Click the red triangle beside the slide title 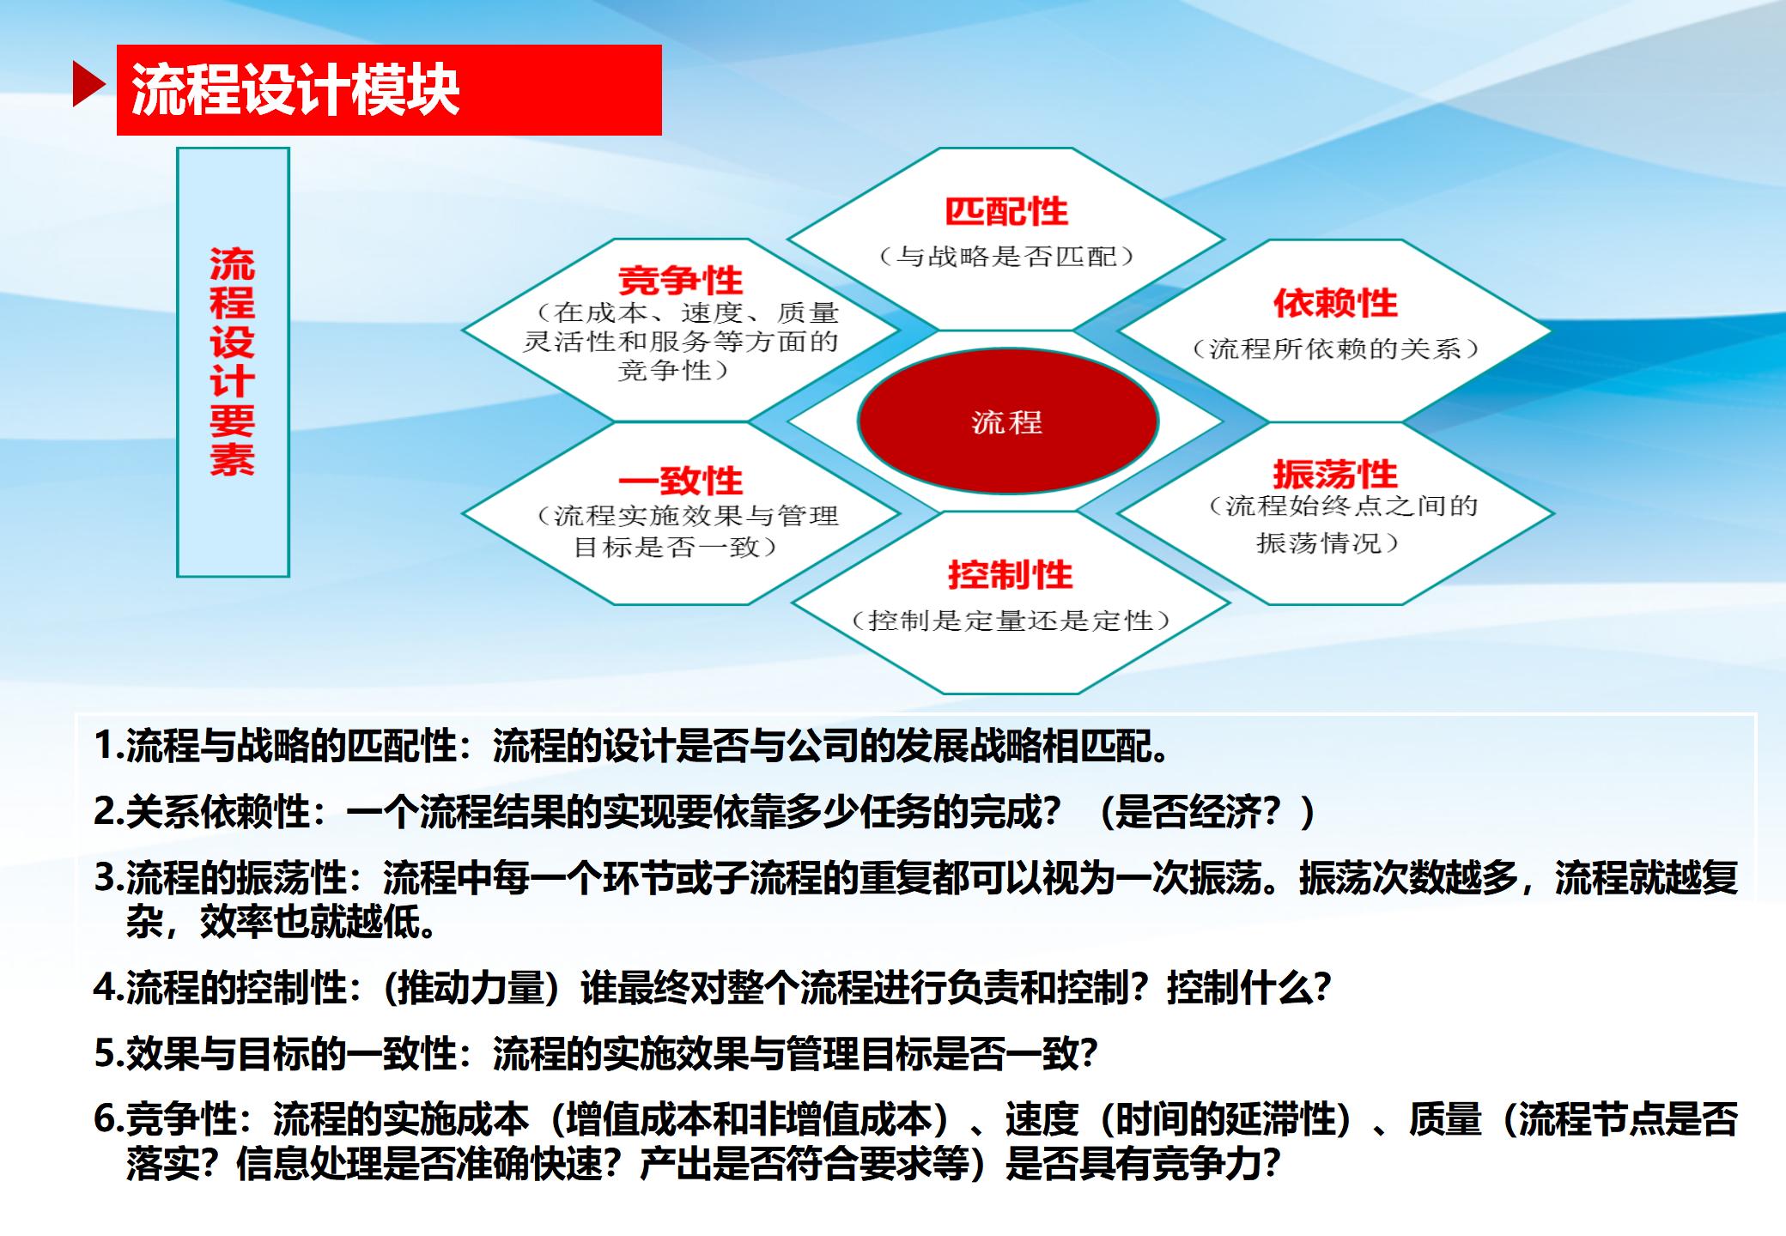(88, 84)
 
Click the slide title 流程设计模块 (295, 90)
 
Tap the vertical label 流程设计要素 (233, 361)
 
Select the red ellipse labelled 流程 (1007, 421)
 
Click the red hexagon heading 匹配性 (1006, 211)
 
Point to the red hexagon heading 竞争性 (680, 280)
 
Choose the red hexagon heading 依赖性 (1335, 302)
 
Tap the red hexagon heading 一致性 (680, 481)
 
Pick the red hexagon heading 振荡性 (1335, 474)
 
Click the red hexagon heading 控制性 (1010, 574)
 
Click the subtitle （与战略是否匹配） (1007, 257)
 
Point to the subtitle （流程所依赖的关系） (1335, 348)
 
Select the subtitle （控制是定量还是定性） (1011, 621)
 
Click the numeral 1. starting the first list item (109, 745)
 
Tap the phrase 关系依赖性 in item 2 (217, 811)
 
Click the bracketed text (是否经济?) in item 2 (1206, 811)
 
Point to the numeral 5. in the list (109, 1054)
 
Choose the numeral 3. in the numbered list (109, 877)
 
